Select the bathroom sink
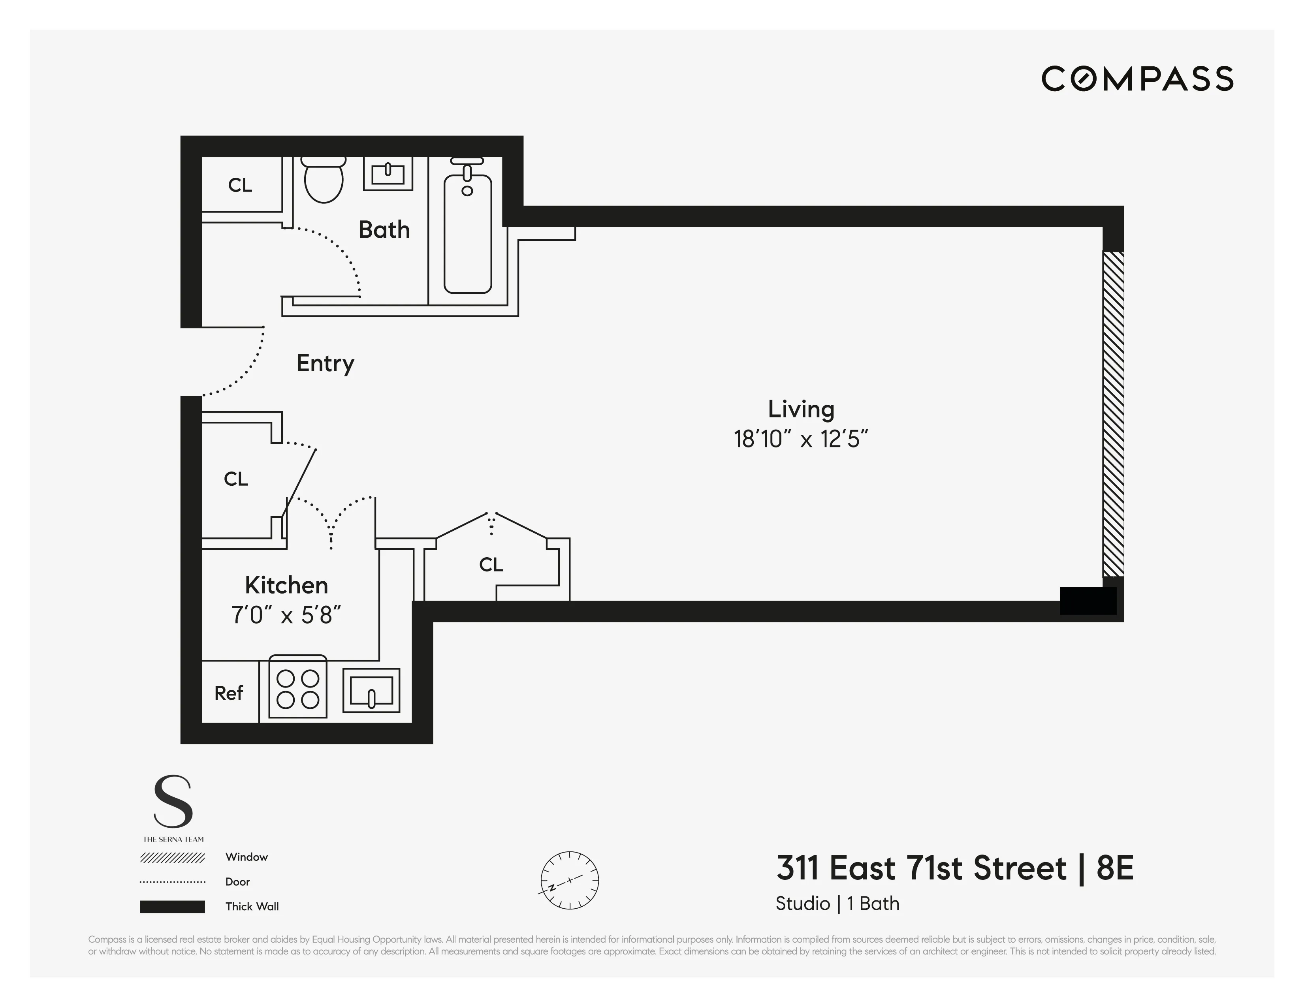[x=388, y=174]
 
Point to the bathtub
[x=467, y=233]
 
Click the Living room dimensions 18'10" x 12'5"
[x=800, y=440]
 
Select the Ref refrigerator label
[x=229, y=693]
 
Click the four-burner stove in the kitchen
[x=297, y=688]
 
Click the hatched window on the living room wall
[x=1113, y=414]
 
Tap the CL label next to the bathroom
[x=240, y=186]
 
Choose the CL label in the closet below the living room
[x=491, y=565]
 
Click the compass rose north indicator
[x=570, y=880]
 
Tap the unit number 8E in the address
[x=1115, y=868]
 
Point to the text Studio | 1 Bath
[x=837, y=904]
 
